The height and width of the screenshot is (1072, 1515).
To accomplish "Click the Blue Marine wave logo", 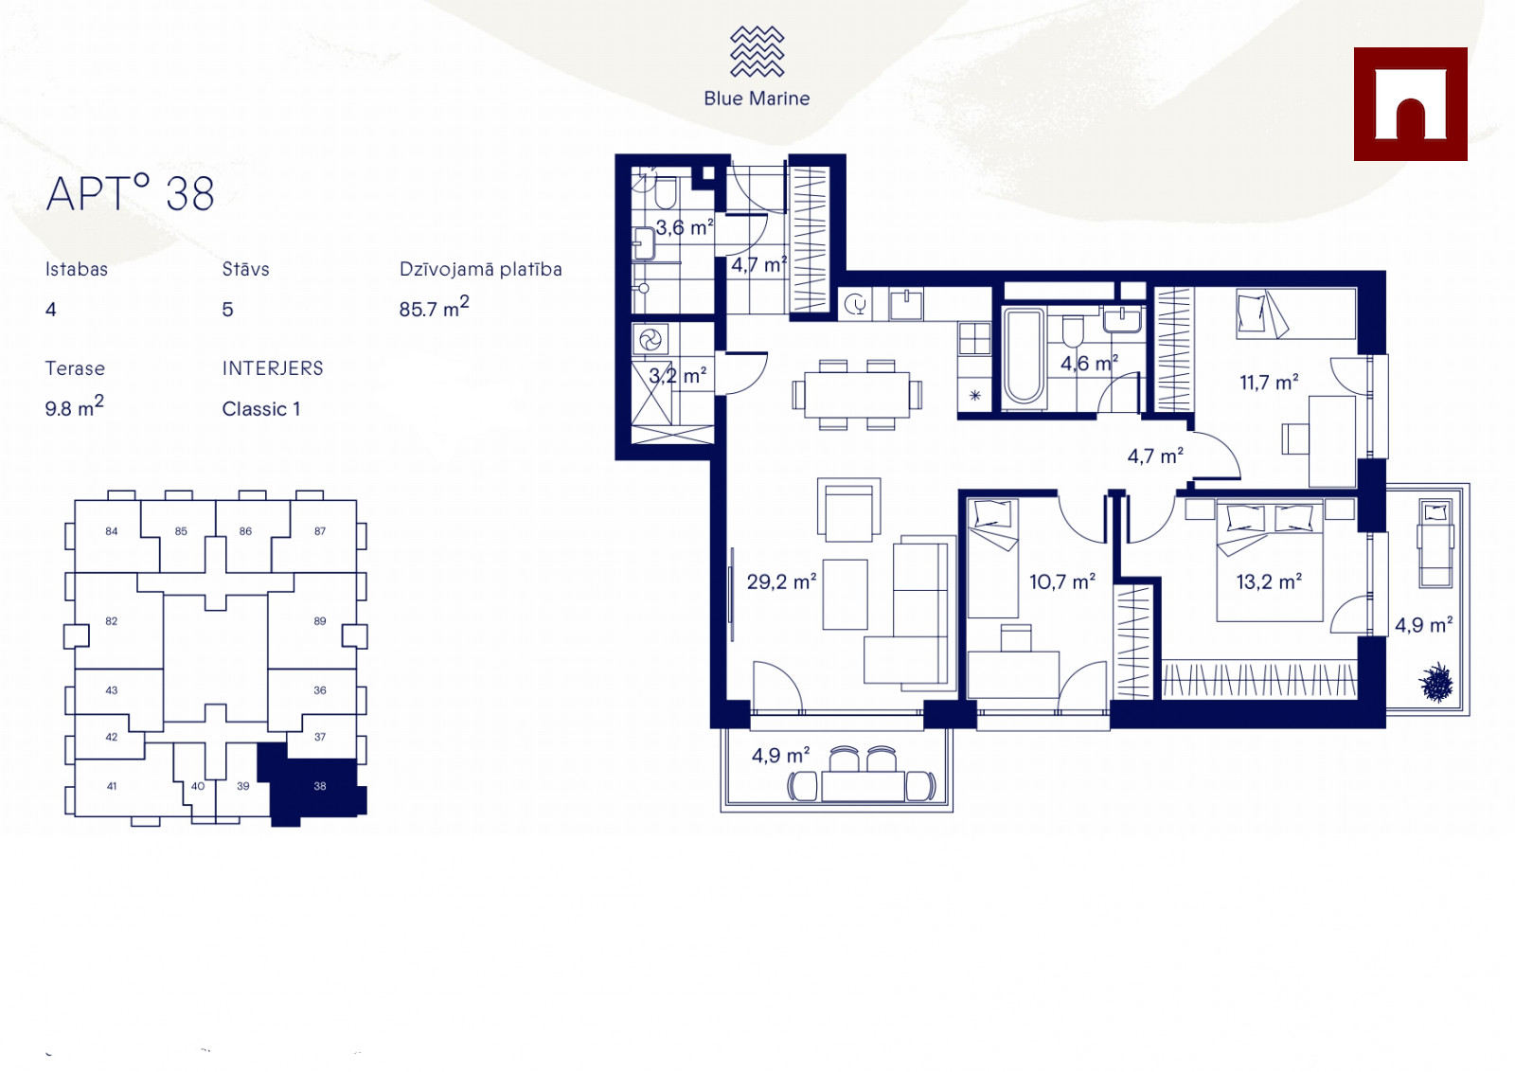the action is click(757, 51).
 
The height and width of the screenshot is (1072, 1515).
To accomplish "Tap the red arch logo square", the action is click(1410, 104).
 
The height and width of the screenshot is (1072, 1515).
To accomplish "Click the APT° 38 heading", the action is click(130, 193).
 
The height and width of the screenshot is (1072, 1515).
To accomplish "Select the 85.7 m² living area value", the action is click(434, 307).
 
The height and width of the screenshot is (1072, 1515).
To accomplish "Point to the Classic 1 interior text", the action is click(261, 409).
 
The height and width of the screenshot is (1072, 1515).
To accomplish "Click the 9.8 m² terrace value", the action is click(75, 407).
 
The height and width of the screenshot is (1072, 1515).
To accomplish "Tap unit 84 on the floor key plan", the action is click(112, 531).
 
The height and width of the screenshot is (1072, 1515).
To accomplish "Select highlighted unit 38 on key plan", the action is click(319, 786).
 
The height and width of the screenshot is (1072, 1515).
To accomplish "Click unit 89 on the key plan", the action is click(319, 621).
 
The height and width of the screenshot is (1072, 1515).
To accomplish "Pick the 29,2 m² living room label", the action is click(781, 581).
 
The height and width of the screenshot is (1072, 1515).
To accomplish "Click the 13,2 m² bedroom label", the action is click(1269, 581).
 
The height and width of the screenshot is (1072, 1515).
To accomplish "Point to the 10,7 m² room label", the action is click(1061, 581).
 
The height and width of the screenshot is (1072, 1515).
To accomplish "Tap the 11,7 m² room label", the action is click(1269, 383).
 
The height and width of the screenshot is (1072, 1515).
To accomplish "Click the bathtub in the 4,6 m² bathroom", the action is click(1024, 357).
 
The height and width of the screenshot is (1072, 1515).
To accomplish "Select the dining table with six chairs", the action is click(857, 394).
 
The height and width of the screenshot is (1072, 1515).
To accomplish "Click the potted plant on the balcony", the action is click(1436, 683).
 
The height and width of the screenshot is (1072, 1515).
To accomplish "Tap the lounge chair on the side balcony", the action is click(1435, 544).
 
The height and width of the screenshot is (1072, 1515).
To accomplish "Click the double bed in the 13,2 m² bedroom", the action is click(1270, 560).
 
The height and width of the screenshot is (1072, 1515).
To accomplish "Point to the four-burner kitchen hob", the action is click(974, 337).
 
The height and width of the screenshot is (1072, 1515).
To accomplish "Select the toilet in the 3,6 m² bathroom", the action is click(666, 193).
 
